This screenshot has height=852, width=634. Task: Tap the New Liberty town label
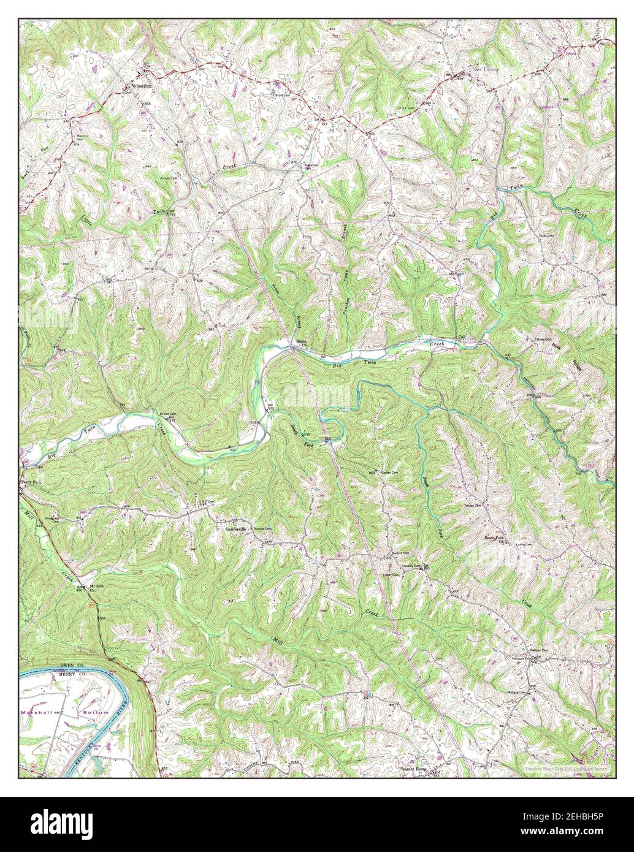point(486,70)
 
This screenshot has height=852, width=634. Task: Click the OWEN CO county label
point(75,665)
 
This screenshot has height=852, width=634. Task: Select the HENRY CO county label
point(76,673)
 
